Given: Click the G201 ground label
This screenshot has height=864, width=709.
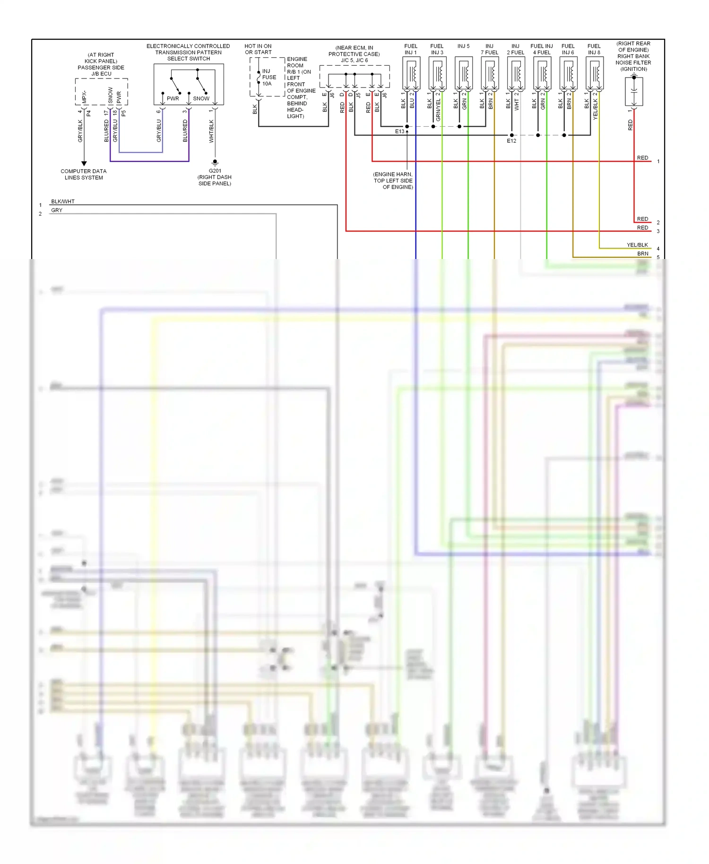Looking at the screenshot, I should [x=215, y=171].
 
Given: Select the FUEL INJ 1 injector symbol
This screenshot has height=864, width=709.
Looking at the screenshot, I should [x=411, y=74].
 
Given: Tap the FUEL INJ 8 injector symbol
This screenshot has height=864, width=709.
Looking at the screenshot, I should [x=594, y=74].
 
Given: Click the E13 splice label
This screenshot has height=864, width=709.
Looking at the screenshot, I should [x=399, y=131].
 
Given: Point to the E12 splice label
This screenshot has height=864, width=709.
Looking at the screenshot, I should [x=511, y=141].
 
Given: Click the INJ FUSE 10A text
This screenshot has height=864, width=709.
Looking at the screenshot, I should [x=269, y=78].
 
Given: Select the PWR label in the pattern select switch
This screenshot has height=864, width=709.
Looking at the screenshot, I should [x=173, y=99].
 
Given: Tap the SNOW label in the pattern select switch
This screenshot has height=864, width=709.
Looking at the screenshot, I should [x=201, y=99].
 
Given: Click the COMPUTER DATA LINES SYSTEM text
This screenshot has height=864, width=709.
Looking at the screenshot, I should [x=84, y=174].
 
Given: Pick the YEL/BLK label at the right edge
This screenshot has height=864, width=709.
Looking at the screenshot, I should [x=637, y=245].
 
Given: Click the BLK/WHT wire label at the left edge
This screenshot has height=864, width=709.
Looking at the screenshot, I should [x=63, y=201].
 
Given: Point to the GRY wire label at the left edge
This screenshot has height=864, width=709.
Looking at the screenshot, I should [x=57, y=210].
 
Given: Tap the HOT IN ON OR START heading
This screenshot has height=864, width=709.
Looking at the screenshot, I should [x=258, y=49].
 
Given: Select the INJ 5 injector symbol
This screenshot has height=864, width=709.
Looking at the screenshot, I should [x=464, y=74].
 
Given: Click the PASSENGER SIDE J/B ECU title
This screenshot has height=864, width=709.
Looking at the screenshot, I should [x=101, y=70].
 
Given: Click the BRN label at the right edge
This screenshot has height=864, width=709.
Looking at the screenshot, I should [x=642, y=254].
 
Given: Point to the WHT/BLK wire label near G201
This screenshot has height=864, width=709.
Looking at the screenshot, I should [x=211, y=131].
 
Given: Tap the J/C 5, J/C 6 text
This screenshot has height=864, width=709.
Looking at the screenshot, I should [x=354, y=60].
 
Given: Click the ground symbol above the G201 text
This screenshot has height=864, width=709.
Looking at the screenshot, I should [x=215, y=162].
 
